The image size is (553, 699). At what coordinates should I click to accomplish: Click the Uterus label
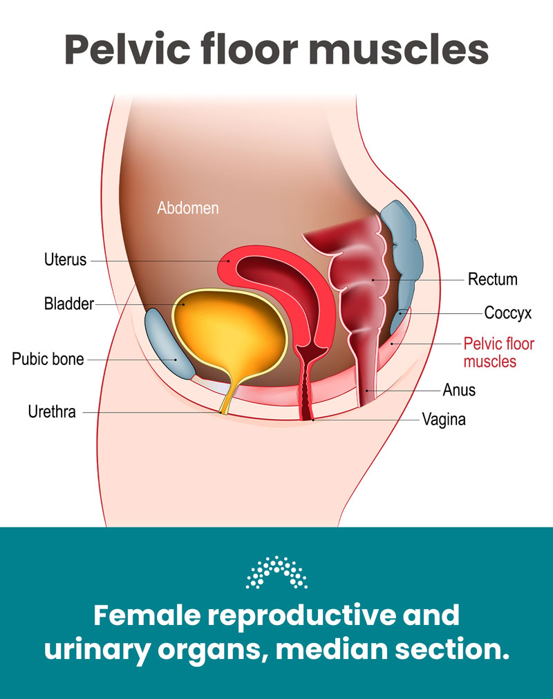coord(66,261)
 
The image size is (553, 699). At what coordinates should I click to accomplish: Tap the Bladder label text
coord(68,304)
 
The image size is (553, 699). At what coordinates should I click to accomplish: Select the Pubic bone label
coord(48,360)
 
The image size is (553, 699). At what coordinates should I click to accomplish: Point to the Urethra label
coord(52,412)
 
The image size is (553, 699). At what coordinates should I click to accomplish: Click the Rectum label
coord(492,279)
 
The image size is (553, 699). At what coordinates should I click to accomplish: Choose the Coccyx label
coord(507,313)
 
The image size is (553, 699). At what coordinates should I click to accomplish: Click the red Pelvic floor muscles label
coord(489,352)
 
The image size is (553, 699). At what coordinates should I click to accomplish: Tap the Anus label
coord(459,391)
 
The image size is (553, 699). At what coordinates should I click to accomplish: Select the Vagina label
coord(444,419)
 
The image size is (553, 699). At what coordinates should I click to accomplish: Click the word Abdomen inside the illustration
coord(187,207)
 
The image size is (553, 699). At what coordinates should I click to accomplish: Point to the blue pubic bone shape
coord(169,344)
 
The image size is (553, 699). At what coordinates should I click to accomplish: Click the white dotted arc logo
coord(276,572)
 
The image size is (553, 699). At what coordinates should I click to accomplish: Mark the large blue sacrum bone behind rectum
coord(405,249)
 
